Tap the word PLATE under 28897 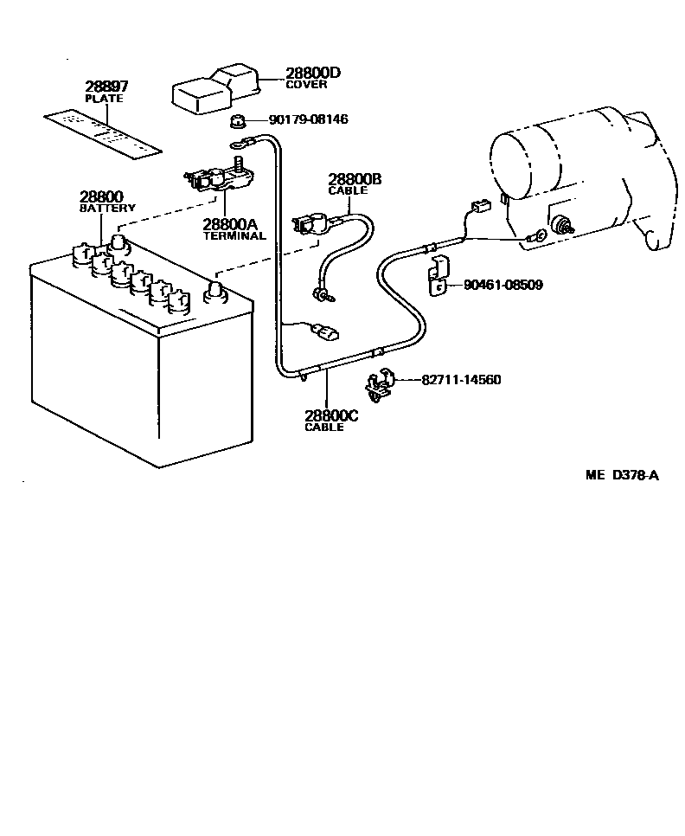(x=104, y=98)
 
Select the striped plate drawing (x=105, y=133)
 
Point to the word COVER (x=306, y=85)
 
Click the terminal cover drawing (x=216, y=87)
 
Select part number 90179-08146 (x=308, y=119)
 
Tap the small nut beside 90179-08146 (x=240, y=119)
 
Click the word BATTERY (x=107, y=209)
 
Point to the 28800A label (x=230, y=224)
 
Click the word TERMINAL (x=234, y=236)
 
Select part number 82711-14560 (x=461, y=380)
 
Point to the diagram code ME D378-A (x=622, y=474)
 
